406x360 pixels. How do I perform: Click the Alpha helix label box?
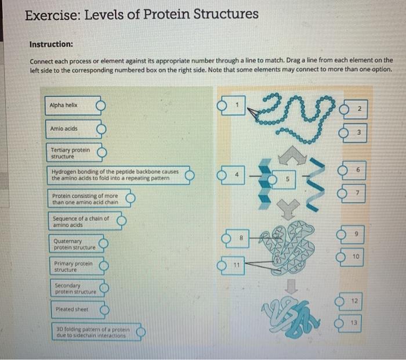(x=70, y=106)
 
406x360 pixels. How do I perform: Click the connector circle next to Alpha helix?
(x=101, y=106)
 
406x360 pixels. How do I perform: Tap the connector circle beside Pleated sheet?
(x=104, y=310)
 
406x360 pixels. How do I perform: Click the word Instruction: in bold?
(x=51, y=44)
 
